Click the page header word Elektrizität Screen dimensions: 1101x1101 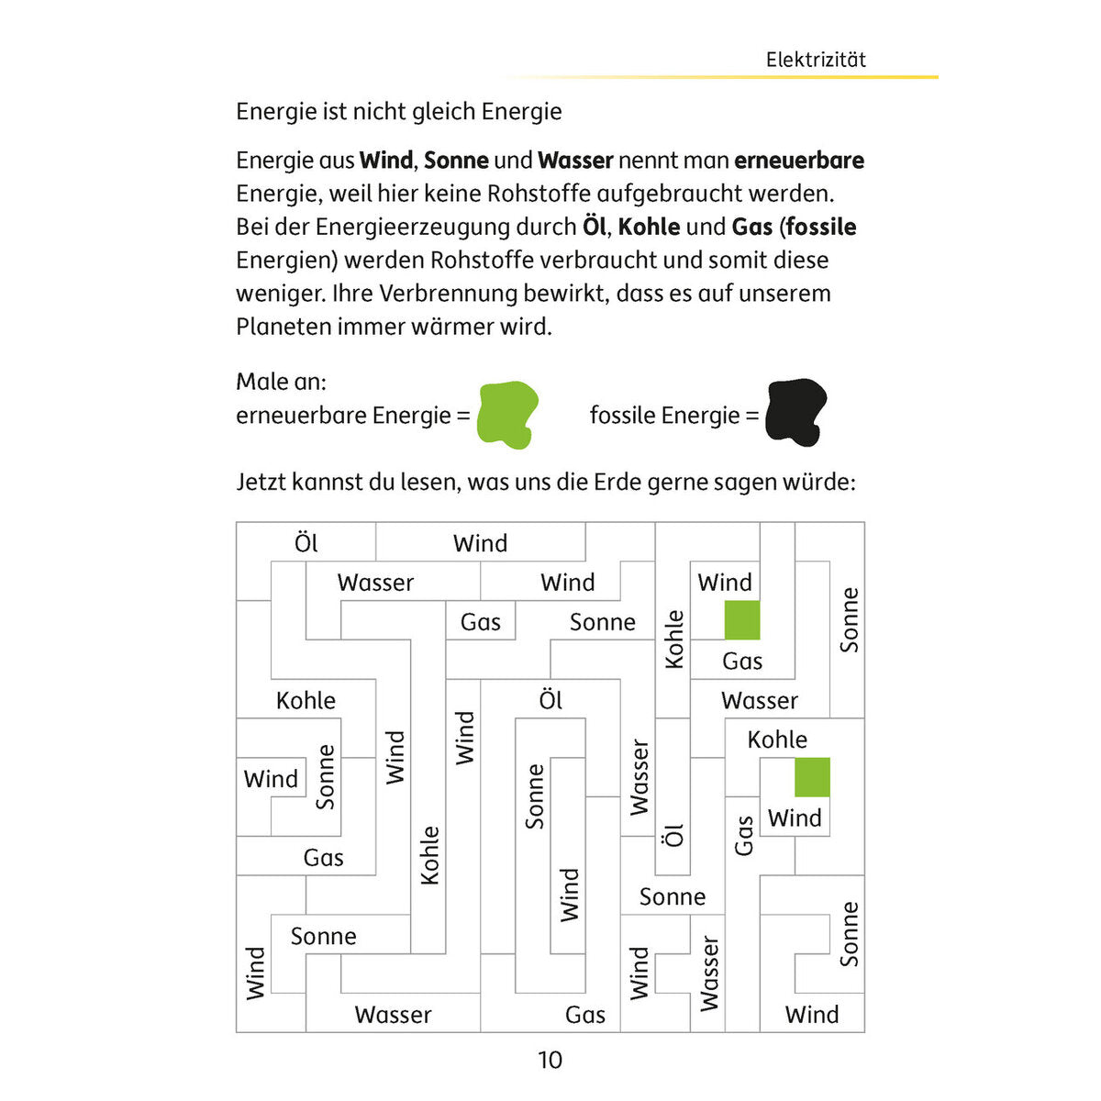[x=816, y=60]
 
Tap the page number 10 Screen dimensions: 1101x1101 [x=550, y=1060]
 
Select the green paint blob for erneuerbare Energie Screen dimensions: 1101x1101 [x=506, y=414]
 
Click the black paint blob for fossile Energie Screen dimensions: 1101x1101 [x=795, y=411]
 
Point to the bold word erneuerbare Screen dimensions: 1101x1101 [x=799, y=161]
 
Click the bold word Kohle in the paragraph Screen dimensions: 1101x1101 [x=649, y=227]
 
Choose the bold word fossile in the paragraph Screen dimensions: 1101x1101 [x=821, y=227]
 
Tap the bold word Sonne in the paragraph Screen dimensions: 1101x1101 [x=456, y=161]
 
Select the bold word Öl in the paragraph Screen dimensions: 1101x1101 [x=594, y=227]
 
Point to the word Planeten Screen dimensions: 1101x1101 [x=284, y=327]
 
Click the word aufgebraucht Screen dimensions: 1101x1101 [x=670, y=195]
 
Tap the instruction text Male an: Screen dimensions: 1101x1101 [x=281, y=382]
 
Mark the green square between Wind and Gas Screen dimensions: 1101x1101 [x=742, y=620]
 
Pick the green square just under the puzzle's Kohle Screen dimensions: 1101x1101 [x=812, y=777]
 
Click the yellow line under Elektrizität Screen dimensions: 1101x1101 [x=722, y=77]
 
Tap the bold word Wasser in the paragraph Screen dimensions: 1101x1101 [x=575, y=161]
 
